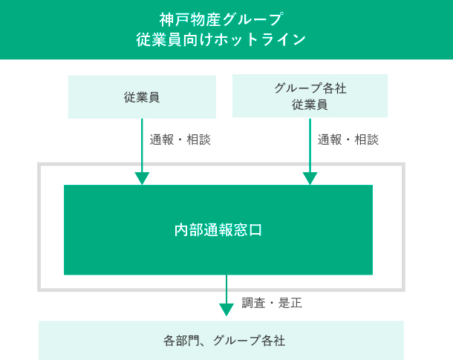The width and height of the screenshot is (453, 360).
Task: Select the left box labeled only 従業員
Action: (142, 96)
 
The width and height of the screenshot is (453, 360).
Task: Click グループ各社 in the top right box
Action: (310, 88)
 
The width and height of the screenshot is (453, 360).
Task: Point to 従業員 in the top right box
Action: (310, 105)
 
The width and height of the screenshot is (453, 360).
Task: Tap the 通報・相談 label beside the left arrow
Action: (180, 139)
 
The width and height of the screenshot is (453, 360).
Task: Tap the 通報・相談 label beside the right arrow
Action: (348, 139)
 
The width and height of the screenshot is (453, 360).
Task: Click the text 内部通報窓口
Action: (218, 230)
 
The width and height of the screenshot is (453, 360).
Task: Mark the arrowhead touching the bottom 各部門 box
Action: (226, 310)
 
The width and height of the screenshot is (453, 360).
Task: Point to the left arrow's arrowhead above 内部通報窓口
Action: (142, 178)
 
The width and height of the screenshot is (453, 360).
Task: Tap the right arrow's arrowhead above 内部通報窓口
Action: (310, 178)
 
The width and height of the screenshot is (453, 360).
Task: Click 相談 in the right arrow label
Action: (367, 139)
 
